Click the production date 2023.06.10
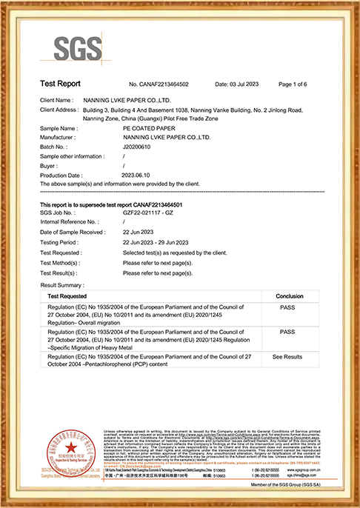pos(136,174)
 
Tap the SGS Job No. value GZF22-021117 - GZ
pos(150,213)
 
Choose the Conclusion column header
pos(289,295)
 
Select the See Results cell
pos(288,356)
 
